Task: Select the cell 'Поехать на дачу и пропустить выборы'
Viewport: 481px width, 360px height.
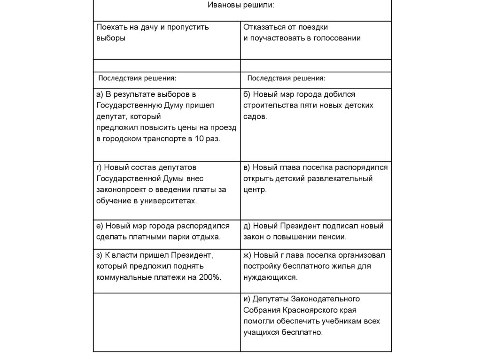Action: pos(153,32)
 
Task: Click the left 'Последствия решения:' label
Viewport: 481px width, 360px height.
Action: pos(137,78)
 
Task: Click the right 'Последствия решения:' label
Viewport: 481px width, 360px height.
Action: pos(287,78)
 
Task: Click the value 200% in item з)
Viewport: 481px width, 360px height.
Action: pos(209,277)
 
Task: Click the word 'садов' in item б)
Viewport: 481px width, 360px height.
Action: pos(254,116)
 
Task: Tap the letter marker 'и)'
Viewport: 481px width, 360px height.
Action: pos(247,299)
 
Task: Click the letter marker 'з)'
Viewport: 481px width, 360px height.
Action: pos(100,255)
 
